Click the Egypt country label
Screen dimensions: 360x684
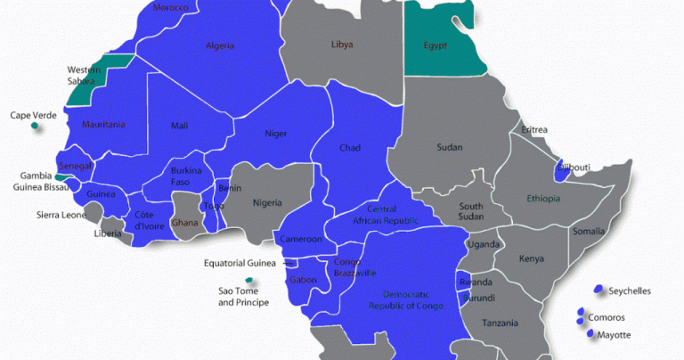point(436,45)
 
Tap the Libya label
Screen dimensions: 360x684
point(342,44)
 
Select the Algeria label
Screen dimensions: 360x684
point(220,45)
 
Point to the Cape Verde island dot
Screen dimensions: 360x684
point(35,127)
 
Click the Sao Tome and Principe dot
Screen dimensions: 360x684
point(248,281)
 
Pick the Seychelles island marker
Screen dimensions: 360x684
point(598,290)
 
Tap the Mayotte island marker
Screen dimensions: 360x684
point(590,334)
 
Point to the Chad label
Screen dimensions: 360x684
point(349,148)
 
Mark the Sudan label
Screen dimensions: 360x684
point(450,148)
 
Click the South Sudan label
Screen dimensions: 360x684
point(471,211)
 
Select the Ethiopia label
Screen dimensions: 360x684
point(544,198)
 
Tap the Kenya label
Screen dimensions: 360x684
point(532,258)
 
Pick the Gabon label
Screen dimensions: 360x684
point(303,281)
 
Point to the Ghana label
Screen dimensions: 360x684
point(185,223)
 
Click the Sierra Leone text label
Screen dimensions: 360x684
point(61,215)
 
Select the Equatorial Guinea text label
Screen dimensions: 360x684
point(240,263)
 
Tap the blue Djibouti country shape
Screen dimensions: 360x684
point(559,173)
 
